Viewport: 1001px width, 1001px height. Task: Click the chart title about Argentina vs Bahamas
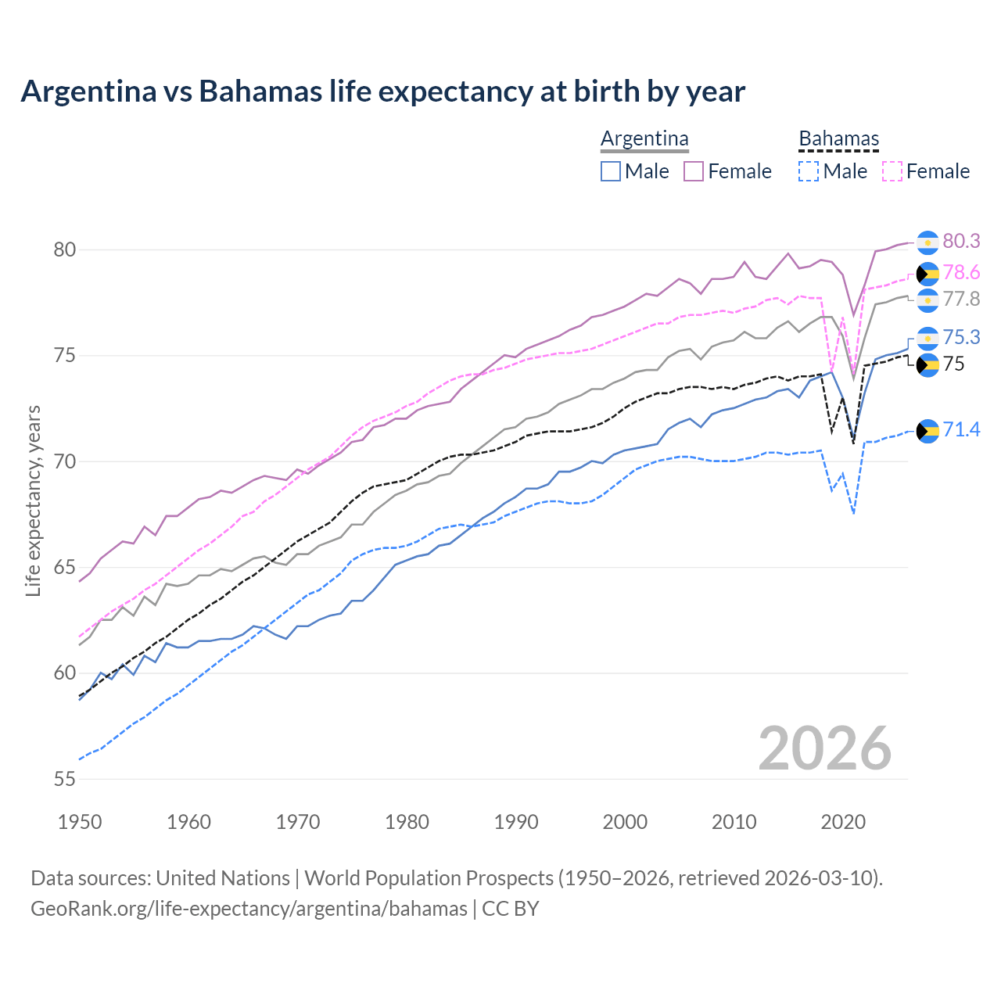click(x=382, y=91)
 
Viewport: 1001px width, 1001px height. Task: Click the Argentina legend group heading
click(x=644, y=139)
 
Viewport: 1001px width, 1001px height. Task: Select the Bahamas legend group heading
click(x=839, y=139)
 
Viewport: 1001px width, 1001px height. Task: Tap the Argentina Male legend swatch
click(x=611, y=171)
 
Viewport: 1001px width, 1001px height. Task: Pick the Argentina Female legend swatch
click(x=694, y=171)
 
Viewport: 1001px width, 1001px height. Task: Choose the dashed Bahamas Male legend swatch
click(x=809, y=171)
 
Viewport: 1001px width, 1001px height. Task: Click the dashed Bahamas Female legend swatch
click(x=892, y=171)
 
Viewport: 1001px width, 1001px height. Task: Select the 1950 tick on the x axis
click(x=80, y=822)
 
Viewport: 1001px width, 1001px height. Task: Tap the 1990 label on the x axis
click(x=516, y=822)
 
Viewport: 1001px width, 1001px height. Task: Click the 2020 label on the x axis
click(x=843, y=822)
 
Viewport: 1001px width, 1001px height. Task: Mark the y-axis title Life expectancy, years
click(x=34, y=500)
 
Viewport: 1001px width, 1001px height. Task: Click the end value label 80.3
click(x=961, y=242)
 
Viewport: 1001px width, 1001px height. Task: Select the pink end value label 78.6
click(x=961, y=272)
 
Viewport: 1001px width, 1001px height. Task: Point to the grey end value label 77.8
click(x=961, y=299)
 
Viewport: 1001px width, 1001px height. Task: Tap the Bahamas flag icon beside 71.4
click(x=927, y=431)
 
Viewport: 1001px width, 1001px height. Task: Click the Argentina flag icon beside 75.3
click(x=927, y=338)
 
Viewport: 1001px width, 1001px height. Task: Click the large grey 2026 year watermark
click(x=824, y=748)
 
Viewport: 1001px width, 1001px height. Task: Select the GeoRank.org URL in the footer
click(x=249, y=909)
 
